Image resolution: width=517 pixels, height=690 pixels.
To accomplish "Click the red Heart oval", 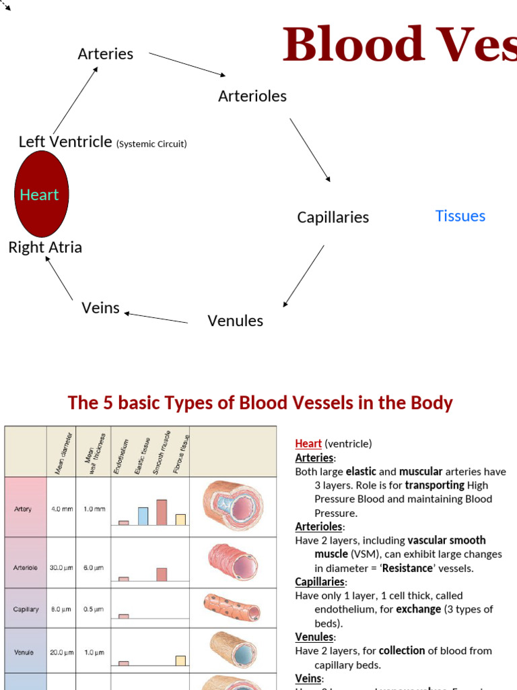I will [x=41, y=194].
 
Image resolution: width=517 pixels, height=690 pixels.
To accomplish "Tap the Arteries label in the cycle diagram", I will [x=106, y=54].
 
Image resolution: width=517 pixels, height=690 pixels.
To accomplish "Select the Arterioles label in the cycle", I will [x=252, y=96].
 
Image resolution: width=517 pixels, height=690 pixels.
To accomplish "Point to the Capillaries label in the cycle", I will [x=333, y=217].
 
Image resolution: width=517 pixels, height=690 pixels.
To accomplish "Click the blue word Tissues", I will [x=460, y=216].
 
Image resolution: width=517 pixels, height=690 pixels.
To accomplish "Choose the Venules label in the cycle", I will [x=236, y=321].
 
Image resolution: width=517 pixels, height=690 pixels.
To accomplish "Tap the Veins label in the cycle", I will [x=100, y=308].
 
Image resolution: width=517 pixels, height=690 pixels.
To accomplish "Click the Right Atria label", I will [x=45, y=247].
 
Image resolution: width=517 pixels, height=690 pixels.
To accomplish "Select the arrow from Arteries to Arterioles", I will [x=187, y=64].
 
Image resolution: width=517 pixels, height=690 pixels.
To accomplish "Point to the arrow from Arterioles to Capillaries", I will [x=310, y=150].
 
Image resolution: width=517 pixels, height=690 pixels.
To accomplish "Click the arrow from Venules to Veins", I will [x=156, y=317].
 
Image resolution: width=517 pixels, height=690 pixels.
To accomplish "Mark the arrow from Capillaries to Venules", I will [x=304, y=276].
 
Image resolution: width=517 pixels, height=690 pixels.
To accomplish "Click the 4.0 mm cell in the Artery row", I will [x=62, y=509].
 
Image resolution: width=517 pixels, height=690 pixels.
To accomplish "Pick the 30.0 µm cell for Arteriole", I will [x=61, y=567].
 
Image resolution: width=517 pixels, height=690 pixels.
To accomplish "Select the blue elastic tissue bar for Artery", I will [x=143, y=516].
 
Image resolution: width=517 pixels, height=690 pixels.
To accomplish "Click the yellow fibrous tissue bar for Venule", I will [x=180, y=660].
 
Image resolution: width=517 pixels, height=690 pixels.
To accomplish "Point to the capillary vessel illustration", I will [x=232, y=608].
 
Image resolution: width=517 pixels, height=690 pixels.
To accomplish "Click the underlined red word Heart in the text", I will [x=308, y=444].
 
